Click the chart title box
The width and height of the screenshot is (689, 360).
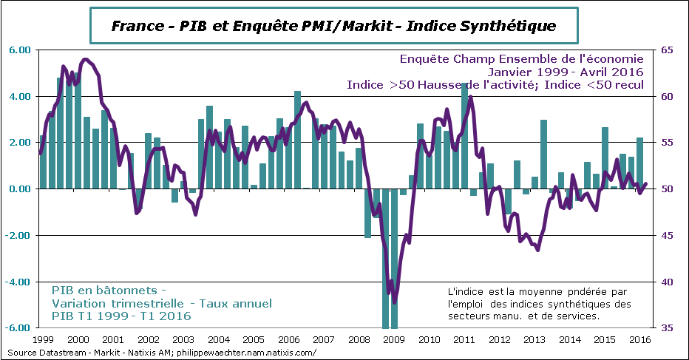333,26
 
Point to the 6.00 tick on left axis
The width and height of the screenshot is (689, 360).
19,50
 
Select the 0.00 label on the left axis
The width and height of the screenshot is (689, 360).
19,189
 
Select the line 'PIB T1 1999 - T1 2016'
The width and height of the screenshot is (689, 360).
121,316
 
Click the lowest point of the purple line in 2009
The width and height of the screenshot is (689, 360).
395,302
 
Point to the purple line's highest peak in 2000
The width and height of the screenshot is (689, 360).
86,59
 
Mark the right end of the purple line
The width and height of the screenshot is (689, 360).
646,184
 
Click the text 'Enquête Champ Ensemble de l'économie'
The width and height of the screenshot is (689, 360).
521,58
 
